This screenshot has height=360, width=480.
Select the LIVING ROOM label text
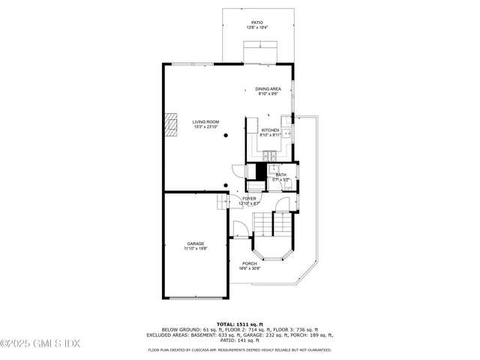pyautogui.click(x=205, y=121)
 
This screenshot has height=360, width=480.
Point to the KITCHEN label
pyautogui.click(x=270, y=130)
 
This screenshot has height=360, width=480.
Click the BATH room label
pyautogui.click(x=280, y=175)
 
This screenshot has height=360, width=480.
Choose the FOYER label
pyautogui.click(x=249, y=199)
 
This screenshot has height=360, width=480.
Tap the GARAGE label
pyautogui.click(x=196, y=244)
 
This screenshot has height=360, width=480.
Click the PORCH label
pyautogui.click(x=249, y=263)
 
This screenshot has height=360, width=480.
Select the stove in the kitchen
pyautogui.click(x=268, y=155)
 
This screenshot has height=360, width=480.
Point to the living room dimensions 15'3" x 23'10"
pyautogui.click(x=205, y=127)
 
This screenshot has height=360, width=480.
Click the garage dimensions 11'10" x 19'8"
pyautogui.click(x=196, y=249)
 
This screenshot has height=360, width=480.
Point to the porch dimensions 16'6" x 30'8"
pyautogui.click(x=249, y=268)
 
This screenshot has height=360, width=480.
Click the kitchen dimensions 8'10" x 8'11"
pyautogui.click(x=270, y=136)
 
